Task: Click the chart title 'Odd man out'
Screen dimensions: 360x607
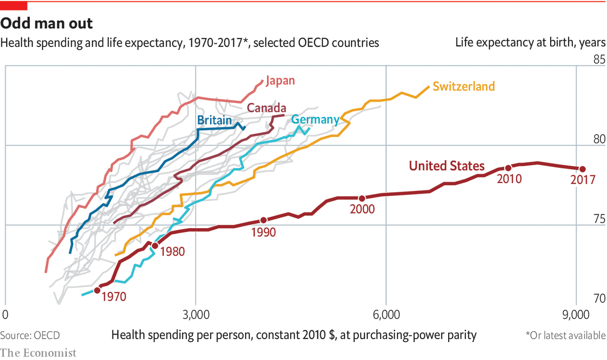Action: tap(46, 24)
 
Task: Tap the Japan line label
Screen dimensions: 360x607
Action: tap(280, 81)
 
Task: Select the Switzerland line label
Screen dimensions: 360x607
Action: tap(463, 86)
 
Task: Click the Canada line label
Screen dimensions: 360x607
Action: tap(267, 108)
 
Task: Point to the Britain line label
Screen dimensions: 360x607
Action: tap(214, 120)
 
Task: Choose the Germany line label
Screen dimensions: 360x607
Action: tap(315, 120)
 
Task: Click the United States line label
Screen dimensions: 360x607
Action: tap(447, 166)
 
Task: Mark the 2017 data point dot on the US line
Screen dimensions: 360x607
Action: tap(582, 169)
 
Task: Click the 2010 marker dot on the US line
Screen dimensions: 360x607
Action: tap(508, 168)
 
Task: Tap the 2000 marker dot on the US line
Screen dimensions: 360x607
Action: tap(362, 198)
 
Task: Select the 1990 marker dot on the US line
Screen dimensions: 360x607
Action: tap(264, 220)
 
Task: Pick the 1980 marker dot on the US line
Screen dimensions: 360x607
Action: tap(154, 246)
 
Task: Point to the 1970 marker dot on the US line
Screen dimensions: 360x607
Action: tap(97, 290)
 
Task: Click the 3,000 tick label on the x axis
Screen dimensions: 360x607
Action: tap(196, 315)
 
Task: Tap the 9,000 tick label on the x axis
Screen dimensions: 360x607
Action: tap(576, 315)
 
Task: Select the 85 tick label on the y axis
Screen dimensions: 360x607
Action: tap(599, 60)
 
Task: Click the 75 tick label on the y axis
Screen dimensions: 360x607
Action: tap(599, 219)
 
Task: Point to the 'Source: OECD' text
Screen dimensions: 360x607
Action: tap(30, 335)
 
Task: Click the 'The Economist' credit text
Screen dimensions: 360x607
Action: tap(38, 352)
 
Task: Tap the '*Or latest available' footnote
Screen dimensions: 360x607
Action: tap(565, 335)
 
